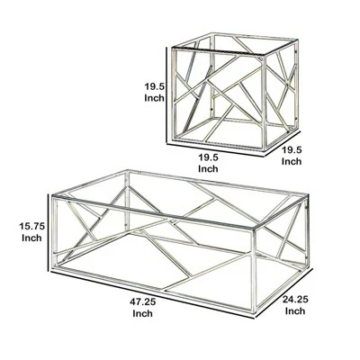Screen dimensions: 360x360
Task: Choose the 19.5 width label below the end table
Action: pyautogui.click(x=209, y=156)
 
